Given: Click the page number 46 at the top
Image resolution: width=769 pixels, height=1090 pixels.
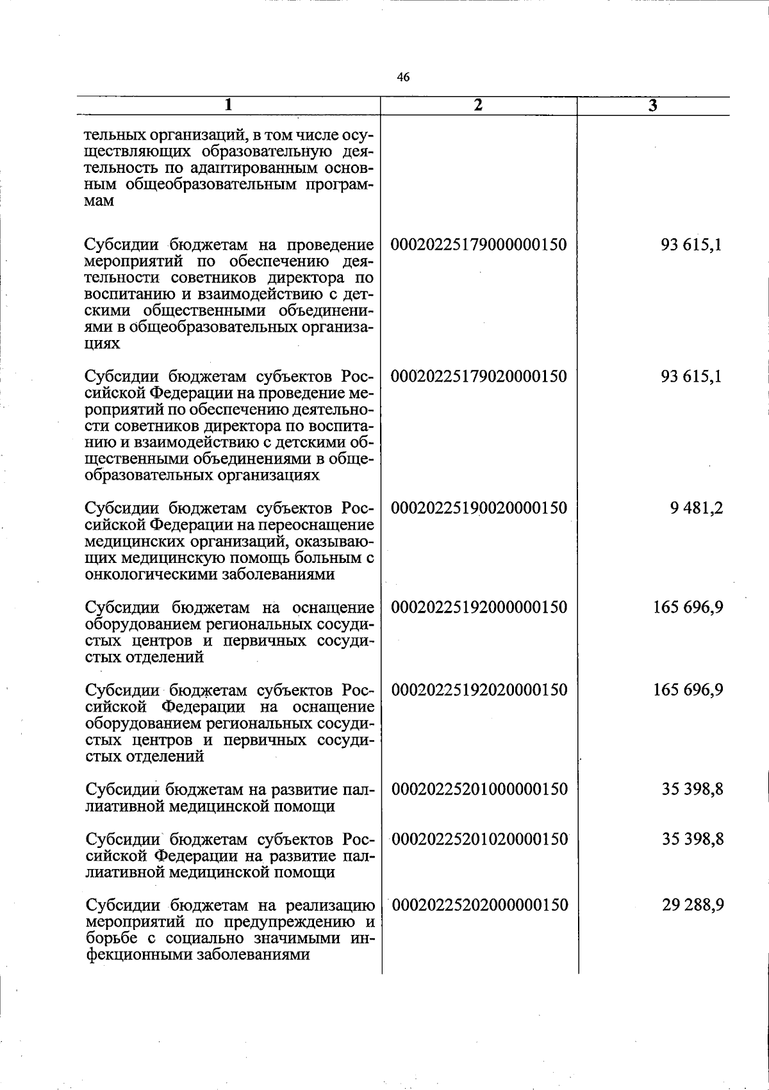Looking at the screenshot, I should pos(403,77).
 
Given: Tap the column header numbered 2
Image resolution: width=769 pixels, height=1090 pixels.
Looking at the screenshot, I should pos(478,106).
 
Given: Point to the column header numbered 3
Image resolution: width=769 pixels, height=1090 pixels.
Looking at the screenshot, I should pos(652,106).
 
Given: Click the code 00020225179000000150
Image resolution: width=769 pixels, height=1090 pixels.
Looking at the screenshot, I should pos(479,245).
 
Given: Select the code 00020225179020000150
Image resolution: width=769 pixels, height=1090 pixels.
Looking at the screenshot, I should pos(479,376).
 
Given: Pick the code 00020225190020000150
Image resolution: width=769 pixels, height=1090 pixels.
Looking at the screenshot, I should pos(479,508).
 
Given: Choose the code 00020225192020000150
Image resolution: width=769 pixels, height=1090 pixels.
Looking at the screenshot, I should pos(479,690).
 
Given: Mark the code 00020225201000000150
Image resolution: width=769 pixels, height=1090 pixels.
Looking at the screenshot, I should pos(479,789).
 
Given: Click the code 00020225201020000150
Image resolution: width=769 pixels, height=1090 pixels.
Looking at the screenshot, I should pos(479,838).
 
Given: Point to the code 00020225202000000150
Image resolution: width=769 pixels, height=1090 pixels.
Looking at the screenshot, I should pos(479,905).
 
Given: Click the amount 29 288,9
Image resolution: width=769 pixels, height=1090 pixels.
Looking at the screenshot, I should pos(693,905).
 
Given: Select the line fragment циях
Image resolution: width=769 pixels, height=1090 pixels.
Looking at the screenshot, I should pos(103,345).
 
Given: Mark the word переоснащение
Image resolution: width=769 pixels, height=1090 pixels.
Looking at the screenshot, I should pos(316,525).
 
